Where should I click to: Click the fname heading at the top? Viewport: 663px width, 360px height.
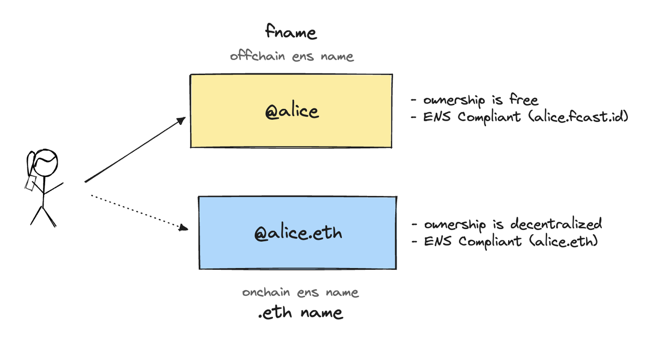click(x=291, y=32)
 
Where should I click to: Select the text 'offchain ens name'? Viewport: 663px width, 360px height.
click(x=292, y=55)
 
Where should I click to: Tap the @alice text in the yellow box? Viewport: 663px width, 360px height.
click(x=292, y=111)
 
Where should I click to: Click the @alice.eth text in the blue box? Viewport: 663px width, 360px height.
click(x=298, y=233)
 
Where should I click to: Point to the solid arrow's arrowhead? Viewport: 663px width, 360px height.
click(x=181, y=121)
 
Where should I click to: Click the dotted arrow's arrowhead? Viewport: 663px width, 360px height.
click(x=183, y=227)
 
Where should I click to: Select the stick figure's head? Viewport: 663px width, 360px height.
click(x=45, y=163)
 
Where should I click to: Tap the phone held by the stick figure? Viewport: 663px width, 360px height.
click(x=31, y=183)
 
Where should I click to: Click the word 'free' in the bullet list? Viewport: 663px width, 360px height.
click(x=524, y=100)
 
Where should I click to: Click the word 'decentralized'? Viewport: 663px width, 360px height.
click(x=556, y=224)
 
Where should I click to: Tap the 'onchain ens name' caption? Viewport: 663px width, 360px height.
click(x=300, y=292)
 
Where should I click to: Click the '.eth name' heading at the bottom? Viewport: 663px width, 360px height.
click(x=300, y=312)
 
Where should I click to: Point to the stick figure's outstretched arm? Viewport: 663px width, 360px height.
click(x=53, y=189)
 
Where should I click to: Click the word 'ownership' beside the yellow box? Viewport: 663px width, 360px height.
click(x=454, y=100)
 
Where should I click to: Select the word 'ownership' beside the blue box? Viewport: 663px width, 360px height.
click(x=455, y=225)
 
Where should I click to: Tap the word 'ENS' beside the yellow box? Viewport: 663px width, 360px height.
click(x=437, y=117)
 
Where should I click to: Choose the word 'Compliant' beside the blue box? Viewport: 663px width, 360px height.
click(x=490, y=241)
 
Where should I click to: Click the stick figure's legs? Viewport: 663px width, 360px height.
click(x=43, y=217)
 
